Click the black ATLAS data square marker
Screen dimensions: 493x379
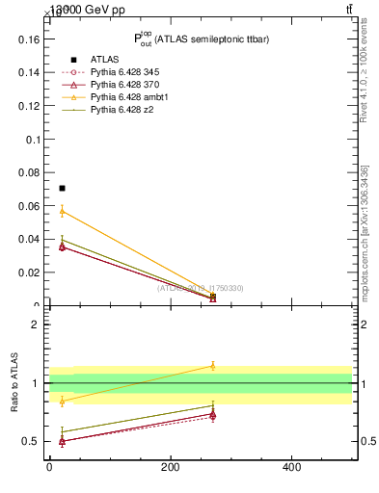(x=62, y=188)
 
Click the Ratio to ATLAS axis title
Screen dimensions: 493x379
(x=14, y=383)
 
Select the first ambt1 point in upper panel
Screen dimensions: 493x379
(x=62, y=211)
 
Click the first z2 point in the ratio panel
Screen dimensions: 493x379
(x=62, y=431)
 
